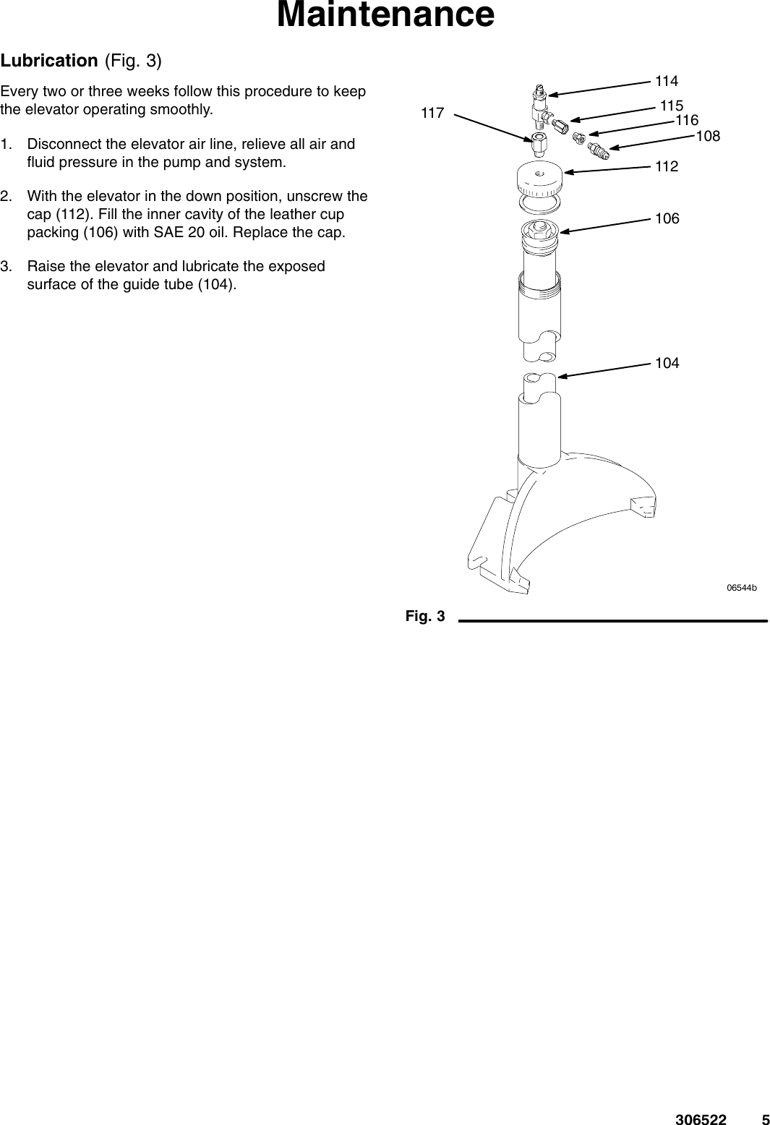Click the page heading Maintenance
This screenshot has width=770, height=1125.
pos(385,16)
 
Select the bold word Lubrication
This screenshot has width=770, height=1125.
pos(49,60)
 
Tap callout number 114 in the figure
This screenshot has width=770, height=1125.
pos(667,80)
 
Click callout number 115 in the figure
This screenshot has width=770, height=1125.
pos(672,106)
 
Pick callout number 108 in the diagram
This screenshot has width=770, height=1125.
pos(708,135)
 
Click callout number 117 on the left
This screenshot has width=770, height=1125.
pos(432,113)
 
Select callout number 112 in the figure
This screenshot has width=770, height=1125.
pos(667,167)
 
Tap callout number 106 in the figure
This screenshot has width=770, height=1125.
pos(667,218)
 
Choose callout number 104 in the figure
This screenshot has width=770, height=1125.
pos(667,362)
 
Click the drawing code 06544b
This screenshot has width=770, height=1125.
pos(741,589)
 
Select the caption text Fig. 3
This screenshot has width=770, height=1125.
pos(425,616)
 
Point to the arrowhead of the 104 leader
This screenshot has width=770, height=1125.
pos(560,375)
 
